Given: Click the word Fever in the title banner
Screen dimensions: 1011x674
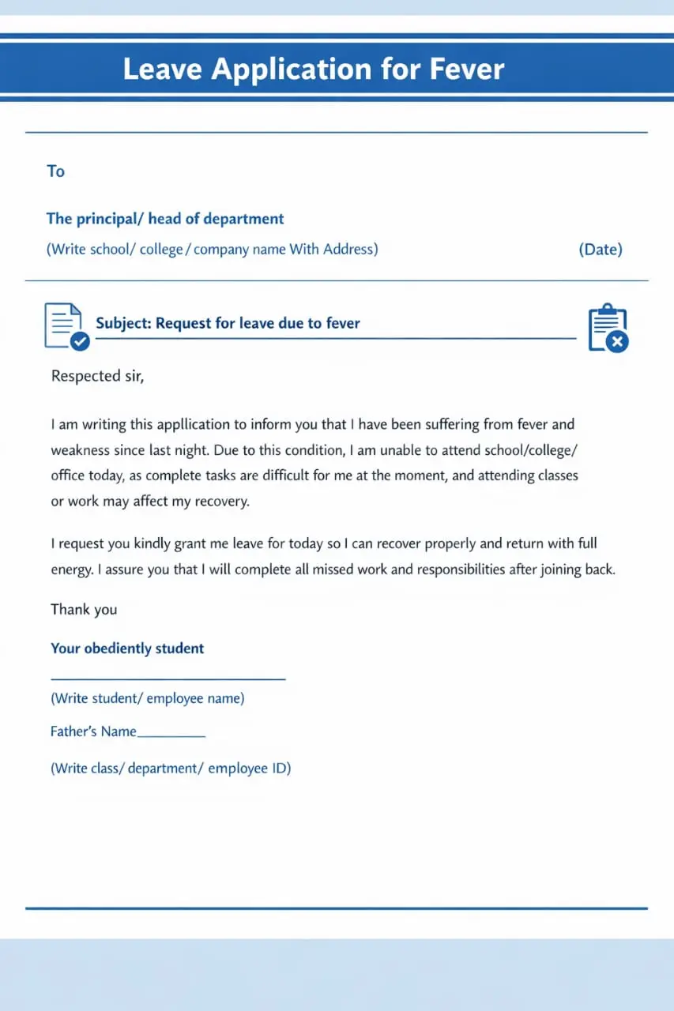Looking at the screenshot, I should point(466,70).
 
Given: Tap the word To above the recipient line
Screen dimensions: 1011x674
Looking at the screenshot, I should point(55,171).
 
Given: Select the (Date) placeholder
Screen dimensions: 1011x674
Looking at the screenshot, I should point(601,250).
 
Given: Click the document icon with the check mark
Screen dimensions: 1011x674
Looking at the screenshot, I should point(66,325).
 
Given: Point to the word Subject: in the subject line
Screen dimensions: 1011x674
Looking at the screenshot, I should point(123,323).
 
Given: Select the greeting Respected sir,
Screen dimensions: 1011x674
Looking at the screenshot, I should point(97,376).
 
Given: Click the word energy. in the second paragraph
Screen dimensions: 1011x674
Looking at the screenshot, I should point(72,569).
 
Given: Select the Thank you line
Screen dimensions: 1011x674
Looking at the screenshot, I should point(84,609).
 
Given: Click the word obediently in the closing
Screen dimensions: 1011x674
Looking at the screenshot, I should point(117,648).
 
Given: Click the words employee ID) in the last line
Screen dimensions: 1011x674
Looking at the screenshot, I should point(250,768).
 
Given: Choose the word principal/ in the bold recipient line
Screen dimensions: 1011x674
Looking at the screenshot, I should point(110,219).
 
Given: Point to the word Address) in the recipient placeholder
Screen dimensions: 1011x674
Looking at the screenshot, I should point(350,250).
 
